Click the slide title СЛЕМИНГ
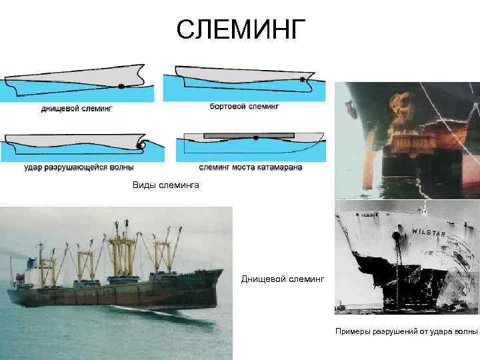pos(241,29)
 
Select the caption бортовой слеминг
pos(244,106)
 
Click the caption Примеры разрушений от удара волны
pos(406,331)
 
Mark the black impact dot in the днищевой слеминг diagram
pos(121,86)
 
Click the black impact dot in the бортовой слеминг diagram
pos(303,80)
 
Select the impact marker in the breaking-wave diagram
pos(139,145)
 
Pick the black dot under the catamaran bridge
pos(256,139)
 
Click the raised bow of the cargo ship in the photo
pos(212,275)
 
